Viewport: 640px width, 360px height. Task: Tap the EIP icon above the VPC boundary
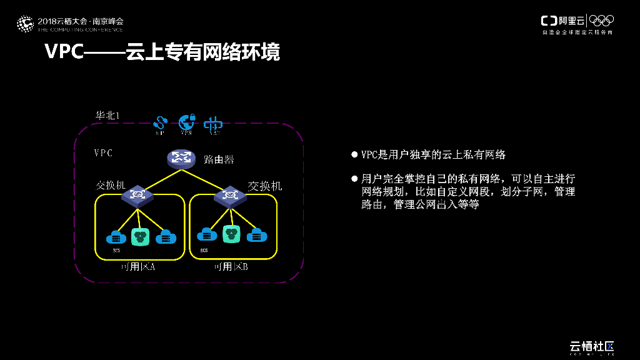pyautogui.click(x=161, y=122)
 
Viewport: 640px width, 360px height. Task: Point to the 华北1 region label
pyautogui.click(x=107, y=116)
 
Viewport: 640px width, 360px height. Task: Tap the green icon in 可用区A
pyautogui.click(x=139, y=236)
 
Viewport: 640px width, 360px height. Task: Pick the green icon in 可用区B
pyautogui.click(x=232, y=234)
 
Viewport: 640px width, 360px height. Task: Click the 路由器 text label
pyautogui.click(x=219, y=159)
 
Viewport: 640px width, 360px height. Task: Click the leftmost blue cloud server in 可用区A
pyautogui.click(x=115, y=237)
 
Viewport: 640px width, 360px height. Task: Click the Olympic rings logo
pyautogui.click(x=601, y=21)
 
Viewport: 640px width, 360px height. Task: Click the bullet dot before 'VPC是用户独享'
pyautogui.click(x=354, y=154)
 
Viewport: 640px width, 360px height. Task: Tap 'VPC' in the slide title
pyautogui.click(x=64, y=52)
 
